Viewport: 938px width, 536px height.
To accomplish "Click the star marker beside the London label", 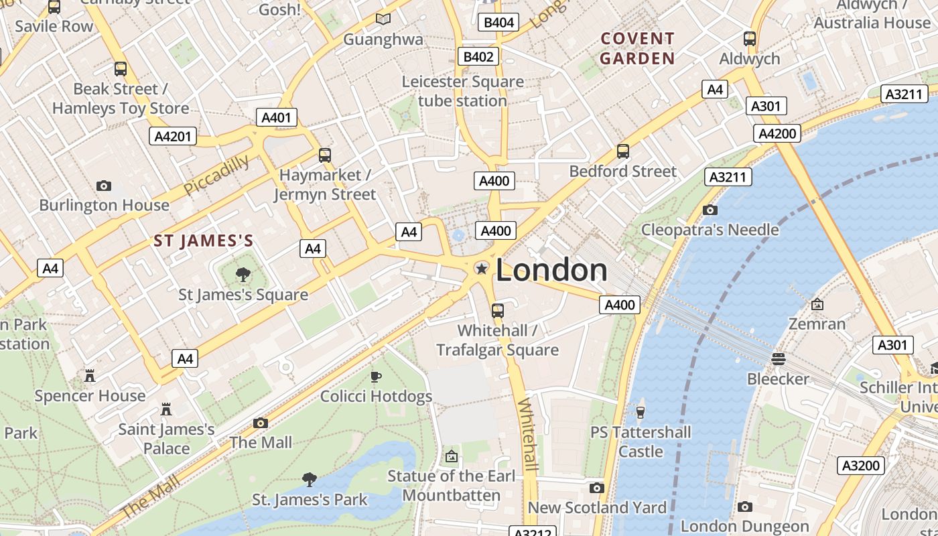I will point(481,269).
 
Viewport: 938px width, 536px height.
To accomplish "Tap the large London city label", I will point(551,270).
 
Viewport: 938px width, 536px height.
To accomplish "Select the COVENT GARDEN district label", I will point(637,48).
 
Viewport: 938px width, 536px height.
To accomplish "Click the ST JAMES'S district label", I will point(204,241).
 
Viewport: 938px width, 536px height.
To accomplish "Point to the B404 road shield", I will point(498,23).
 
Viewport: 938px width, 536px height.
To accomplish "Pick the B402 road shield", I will point(478,57).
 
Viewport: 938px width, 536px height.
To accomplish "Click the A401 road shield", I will point(276,118).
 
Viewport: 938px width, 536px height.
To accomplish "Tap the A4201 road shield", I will point(173,137).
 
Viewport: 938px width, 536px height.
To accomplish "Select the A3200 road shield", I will point(861,466).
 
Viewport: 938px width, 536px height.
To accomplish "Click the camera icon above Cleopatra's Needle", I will point(710,210).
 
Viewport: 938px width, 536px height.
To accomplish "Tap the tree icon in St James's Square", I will point(243,274).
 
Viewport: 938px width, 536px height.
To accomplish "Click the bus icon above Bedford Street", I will point(623,151).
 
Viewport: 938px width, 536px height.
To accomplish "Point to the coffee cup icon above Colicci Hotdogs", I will point(376,377).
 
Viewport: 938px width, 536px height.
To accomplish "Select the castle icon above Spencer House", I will point(90,376).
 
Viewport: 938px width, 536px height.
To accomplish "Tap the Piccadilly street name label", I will point(216,175).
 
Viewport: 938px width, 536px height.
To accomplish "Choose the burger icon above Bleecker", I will point(778,359).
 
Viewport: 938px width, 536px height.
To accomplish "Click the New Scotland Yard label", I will point(597,508).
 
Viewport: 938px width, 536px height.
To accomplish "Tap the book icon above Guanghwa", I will point(383,19).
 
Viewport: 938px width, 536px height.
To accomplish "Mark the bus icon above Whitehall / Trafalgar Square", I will point(497,310).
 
